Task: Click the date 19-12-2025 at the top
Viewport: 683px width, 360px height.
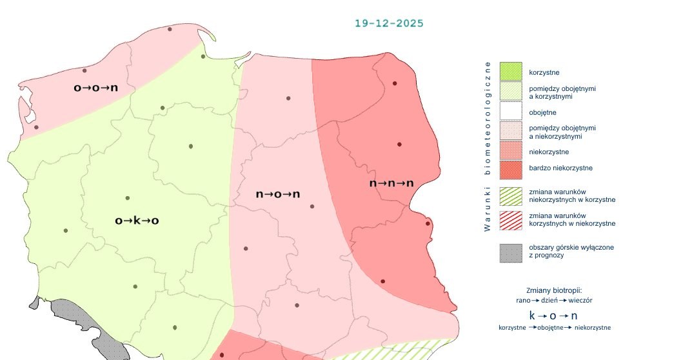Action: point(389,23)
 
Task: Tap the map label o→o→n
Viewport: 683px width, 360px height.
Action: point(95,88)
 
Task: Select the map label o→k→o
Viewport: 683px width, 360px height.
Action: point(137,221)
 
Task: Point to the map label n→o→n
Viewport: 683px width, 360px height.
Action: point(278,194)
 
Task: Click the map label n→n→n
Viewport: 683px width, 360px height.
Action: point(391,184)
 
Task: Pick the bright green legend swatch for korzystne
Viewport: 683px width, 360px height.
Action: point(510,72)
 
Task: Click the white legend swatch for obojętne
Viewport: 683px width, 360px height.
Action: point(510,112)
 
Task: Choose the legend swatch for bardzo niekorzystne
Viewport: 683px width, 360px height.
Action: point(510,168)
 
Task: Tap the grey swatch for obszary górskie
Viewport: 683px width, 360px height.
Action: point(510,252)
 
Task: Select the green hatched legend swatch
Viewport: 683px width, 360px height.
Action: point(510,195)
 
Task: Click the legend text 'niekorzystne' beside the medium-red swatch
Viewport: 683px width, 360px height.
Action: point(548,152)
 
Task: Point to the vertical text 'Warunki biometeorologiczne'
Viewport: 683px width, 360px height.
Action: point(488,146)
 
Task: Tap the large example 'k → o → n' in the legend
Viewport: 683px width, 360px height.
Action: point(553,315)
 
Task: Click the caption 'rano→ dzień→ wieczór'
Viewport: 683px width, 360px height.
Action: point(554,301)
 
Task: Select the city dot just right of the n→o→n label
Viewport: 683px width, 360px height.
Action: point(312,206)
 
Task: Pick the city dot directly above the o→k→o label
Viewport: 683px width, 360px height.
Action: point(128,198)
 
